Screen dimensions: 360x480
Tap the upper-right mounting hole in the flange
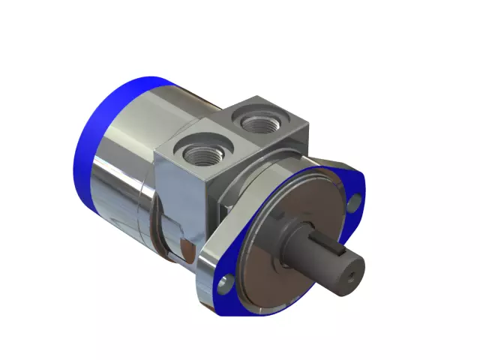(x=355, y=200)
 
